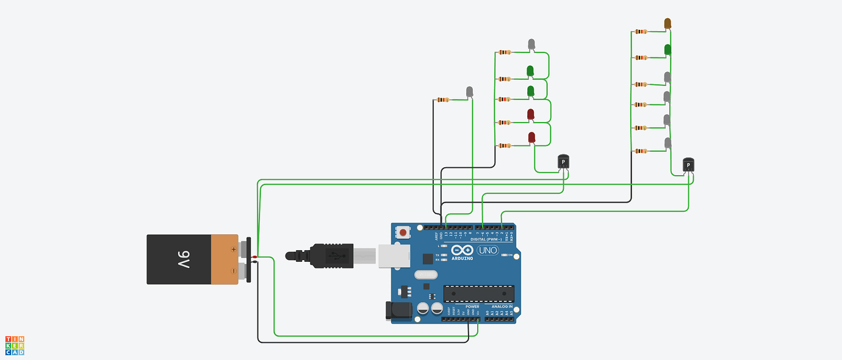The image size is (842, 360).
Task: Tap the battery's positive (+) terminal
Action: point(244,249)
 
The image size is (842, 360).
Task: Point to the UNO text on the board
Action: point(488,251)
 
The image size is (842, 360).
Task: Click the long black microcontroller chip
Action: point(478,293)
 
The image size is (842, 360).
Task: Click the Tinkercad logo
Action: point(15,345)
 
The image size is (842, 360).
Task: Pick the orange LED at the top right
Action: point(667,24)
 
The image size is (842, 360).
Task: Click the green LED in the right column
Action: point(667,49)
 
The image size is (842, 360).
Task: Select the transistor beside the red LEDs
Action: point(564,162)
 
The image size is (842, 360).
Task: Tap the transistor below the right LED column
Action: point(688,165)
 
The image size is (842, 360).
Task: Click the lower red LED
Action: point(531,137)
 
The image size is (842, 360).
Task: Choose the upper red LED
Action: point(531,114)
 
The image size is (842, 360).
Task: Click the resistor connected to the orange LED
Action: point(641,32)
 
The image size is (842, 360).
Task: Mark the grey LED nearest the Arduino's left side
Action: point(469,92)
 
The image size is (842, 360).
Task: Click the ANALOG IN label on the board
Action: point(502,306)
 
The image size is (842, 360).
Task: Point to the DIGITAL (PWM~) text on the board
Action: point(490,239)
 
